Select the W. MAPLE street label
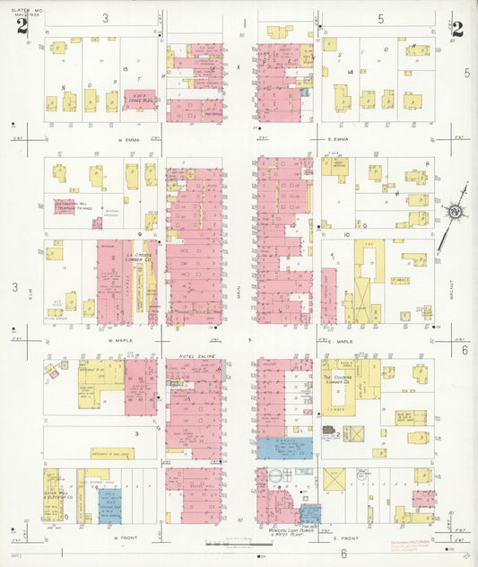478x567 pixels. tap(121, 341)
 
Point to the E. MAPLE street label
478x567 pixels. tap(342, 342)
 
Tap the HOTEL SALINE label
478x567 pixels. tap(193, 358)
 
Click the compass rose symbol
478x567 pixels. tap(455, 211)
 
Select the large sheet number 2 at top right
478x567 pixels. tap(457, 29)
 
